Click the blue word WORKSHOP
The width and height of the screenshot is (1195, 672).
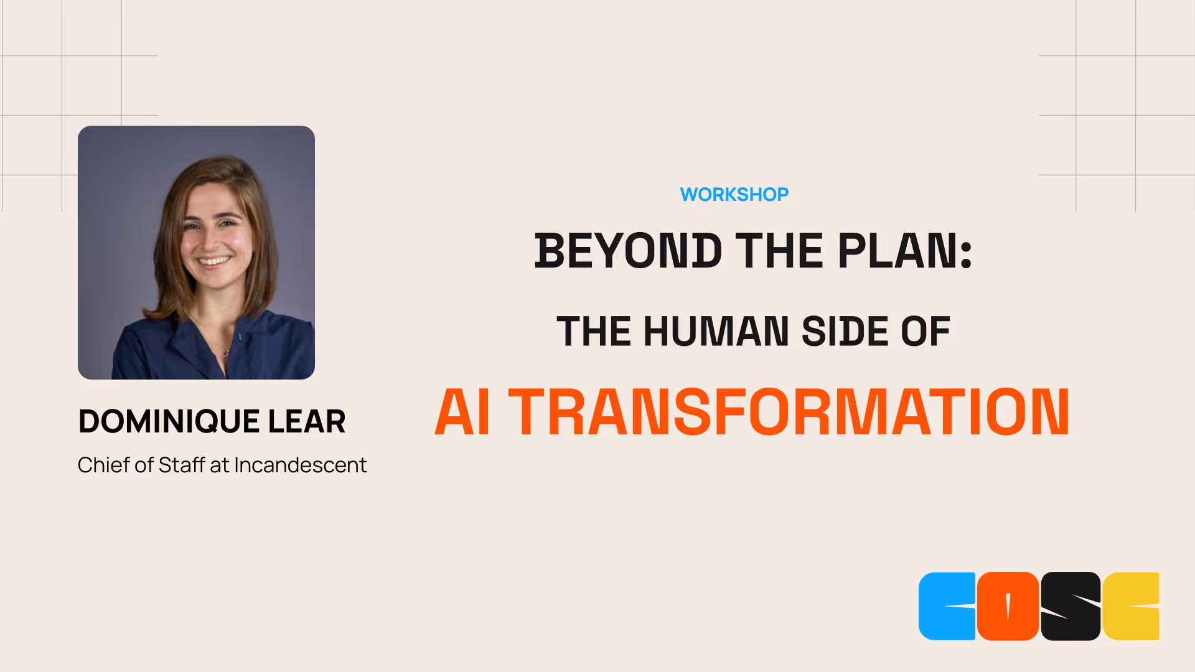734,195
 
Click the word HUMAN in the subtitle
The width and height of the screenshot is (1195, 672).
716,331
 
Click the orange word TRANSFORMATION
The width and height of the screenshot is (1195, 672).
789,412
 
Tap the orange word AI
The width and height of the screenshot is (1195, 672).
462,412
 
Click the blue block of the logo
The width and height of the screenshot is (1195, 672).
946,606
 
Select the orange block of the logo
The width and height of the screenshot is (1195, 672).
1008,606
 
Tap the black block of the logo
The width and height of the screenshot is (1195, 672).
1071,606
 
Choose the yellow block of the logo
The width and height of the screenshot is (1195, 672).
1131,606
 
